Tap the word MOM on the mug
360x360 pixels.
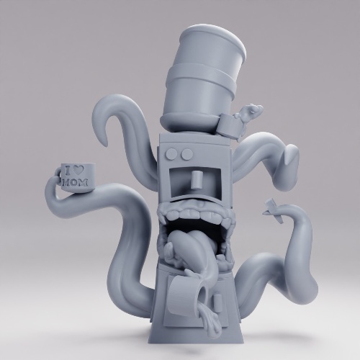(x=75, y=182)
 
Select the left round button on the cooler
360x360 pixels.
(x=172, y=153)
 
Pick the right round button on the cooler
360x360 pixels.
(x=186, y=154)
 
